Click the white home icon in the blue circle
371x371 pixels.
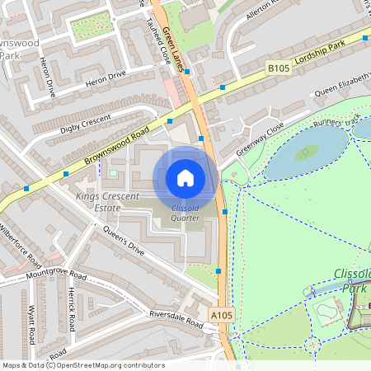point(185,178)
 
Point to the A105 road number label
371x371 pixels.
point(221,314)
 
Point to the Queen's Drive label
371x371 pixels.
point(124,239)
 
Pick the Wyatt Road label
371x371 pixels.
point(31,325)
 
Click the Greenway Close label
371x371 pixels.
point(260,139)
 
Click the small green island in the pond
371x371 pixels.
point(307,152)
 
